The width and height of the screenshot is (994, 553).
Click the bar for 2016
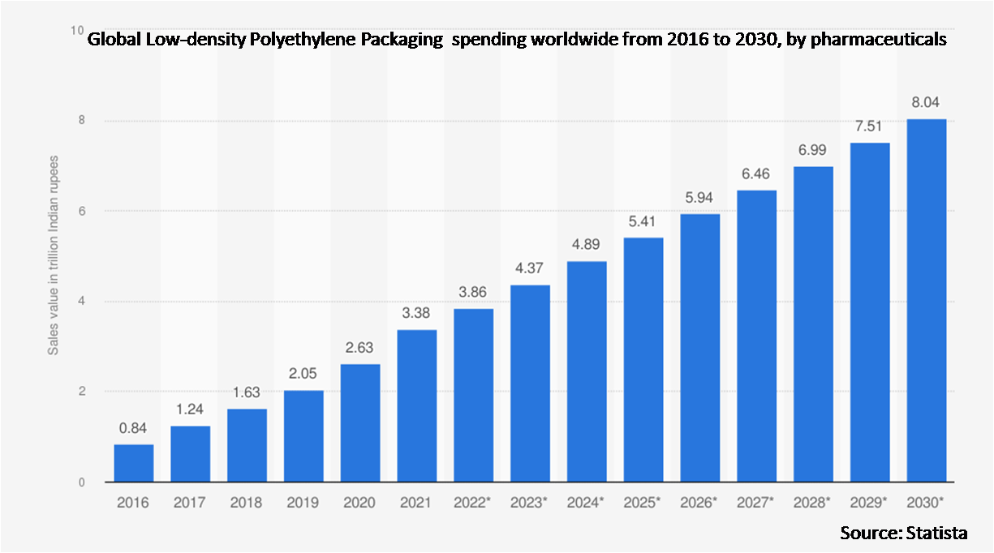(x=133, y=463)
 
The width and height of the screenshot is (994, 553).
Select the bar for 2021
(x=417, y=405)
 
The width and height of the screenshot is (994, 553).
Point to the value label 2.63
(x=360, y=348)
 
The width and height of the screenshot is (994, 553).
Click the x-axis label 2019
(x=303, y=503)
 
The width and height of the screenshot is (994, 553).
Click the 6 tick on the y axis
(x=82, y=211)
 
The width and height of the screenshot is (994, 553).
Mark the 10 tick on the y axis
(x=79, y=30)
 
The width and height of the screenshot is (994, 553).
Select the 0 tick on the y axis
(x=82, y=482)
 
